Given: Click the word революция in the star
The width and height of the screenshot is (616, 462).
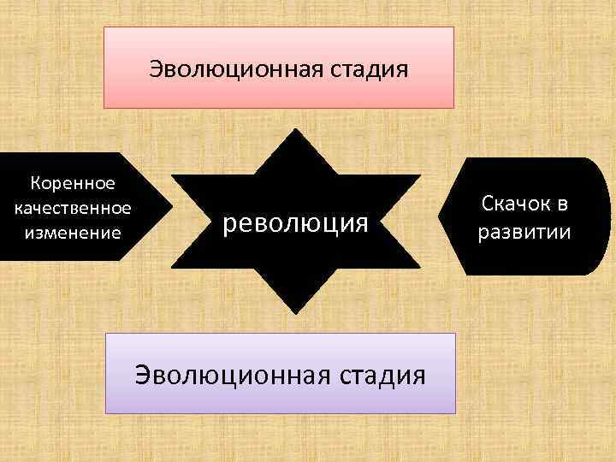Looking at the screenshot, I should [x=295, y=223].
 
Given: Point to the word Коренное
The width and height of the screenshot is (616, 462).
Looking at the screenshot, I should [x=74, y=182].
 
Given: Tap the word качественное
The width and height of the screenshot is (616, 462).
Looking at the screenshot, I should [x=74, y=207].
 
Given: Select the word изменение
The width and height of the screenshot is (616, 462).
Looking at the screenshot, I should [x=74, y=232].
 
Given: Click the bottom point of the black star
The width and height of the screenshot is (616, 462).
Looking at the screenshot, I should [x=296, y=314].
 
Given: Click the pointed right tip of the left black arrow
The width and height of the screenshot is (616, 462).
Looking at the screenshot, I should [x=172, y=209].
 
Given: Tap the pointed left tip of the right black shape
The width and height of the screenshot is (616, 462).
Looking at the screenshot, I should [x=441, y=216].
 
